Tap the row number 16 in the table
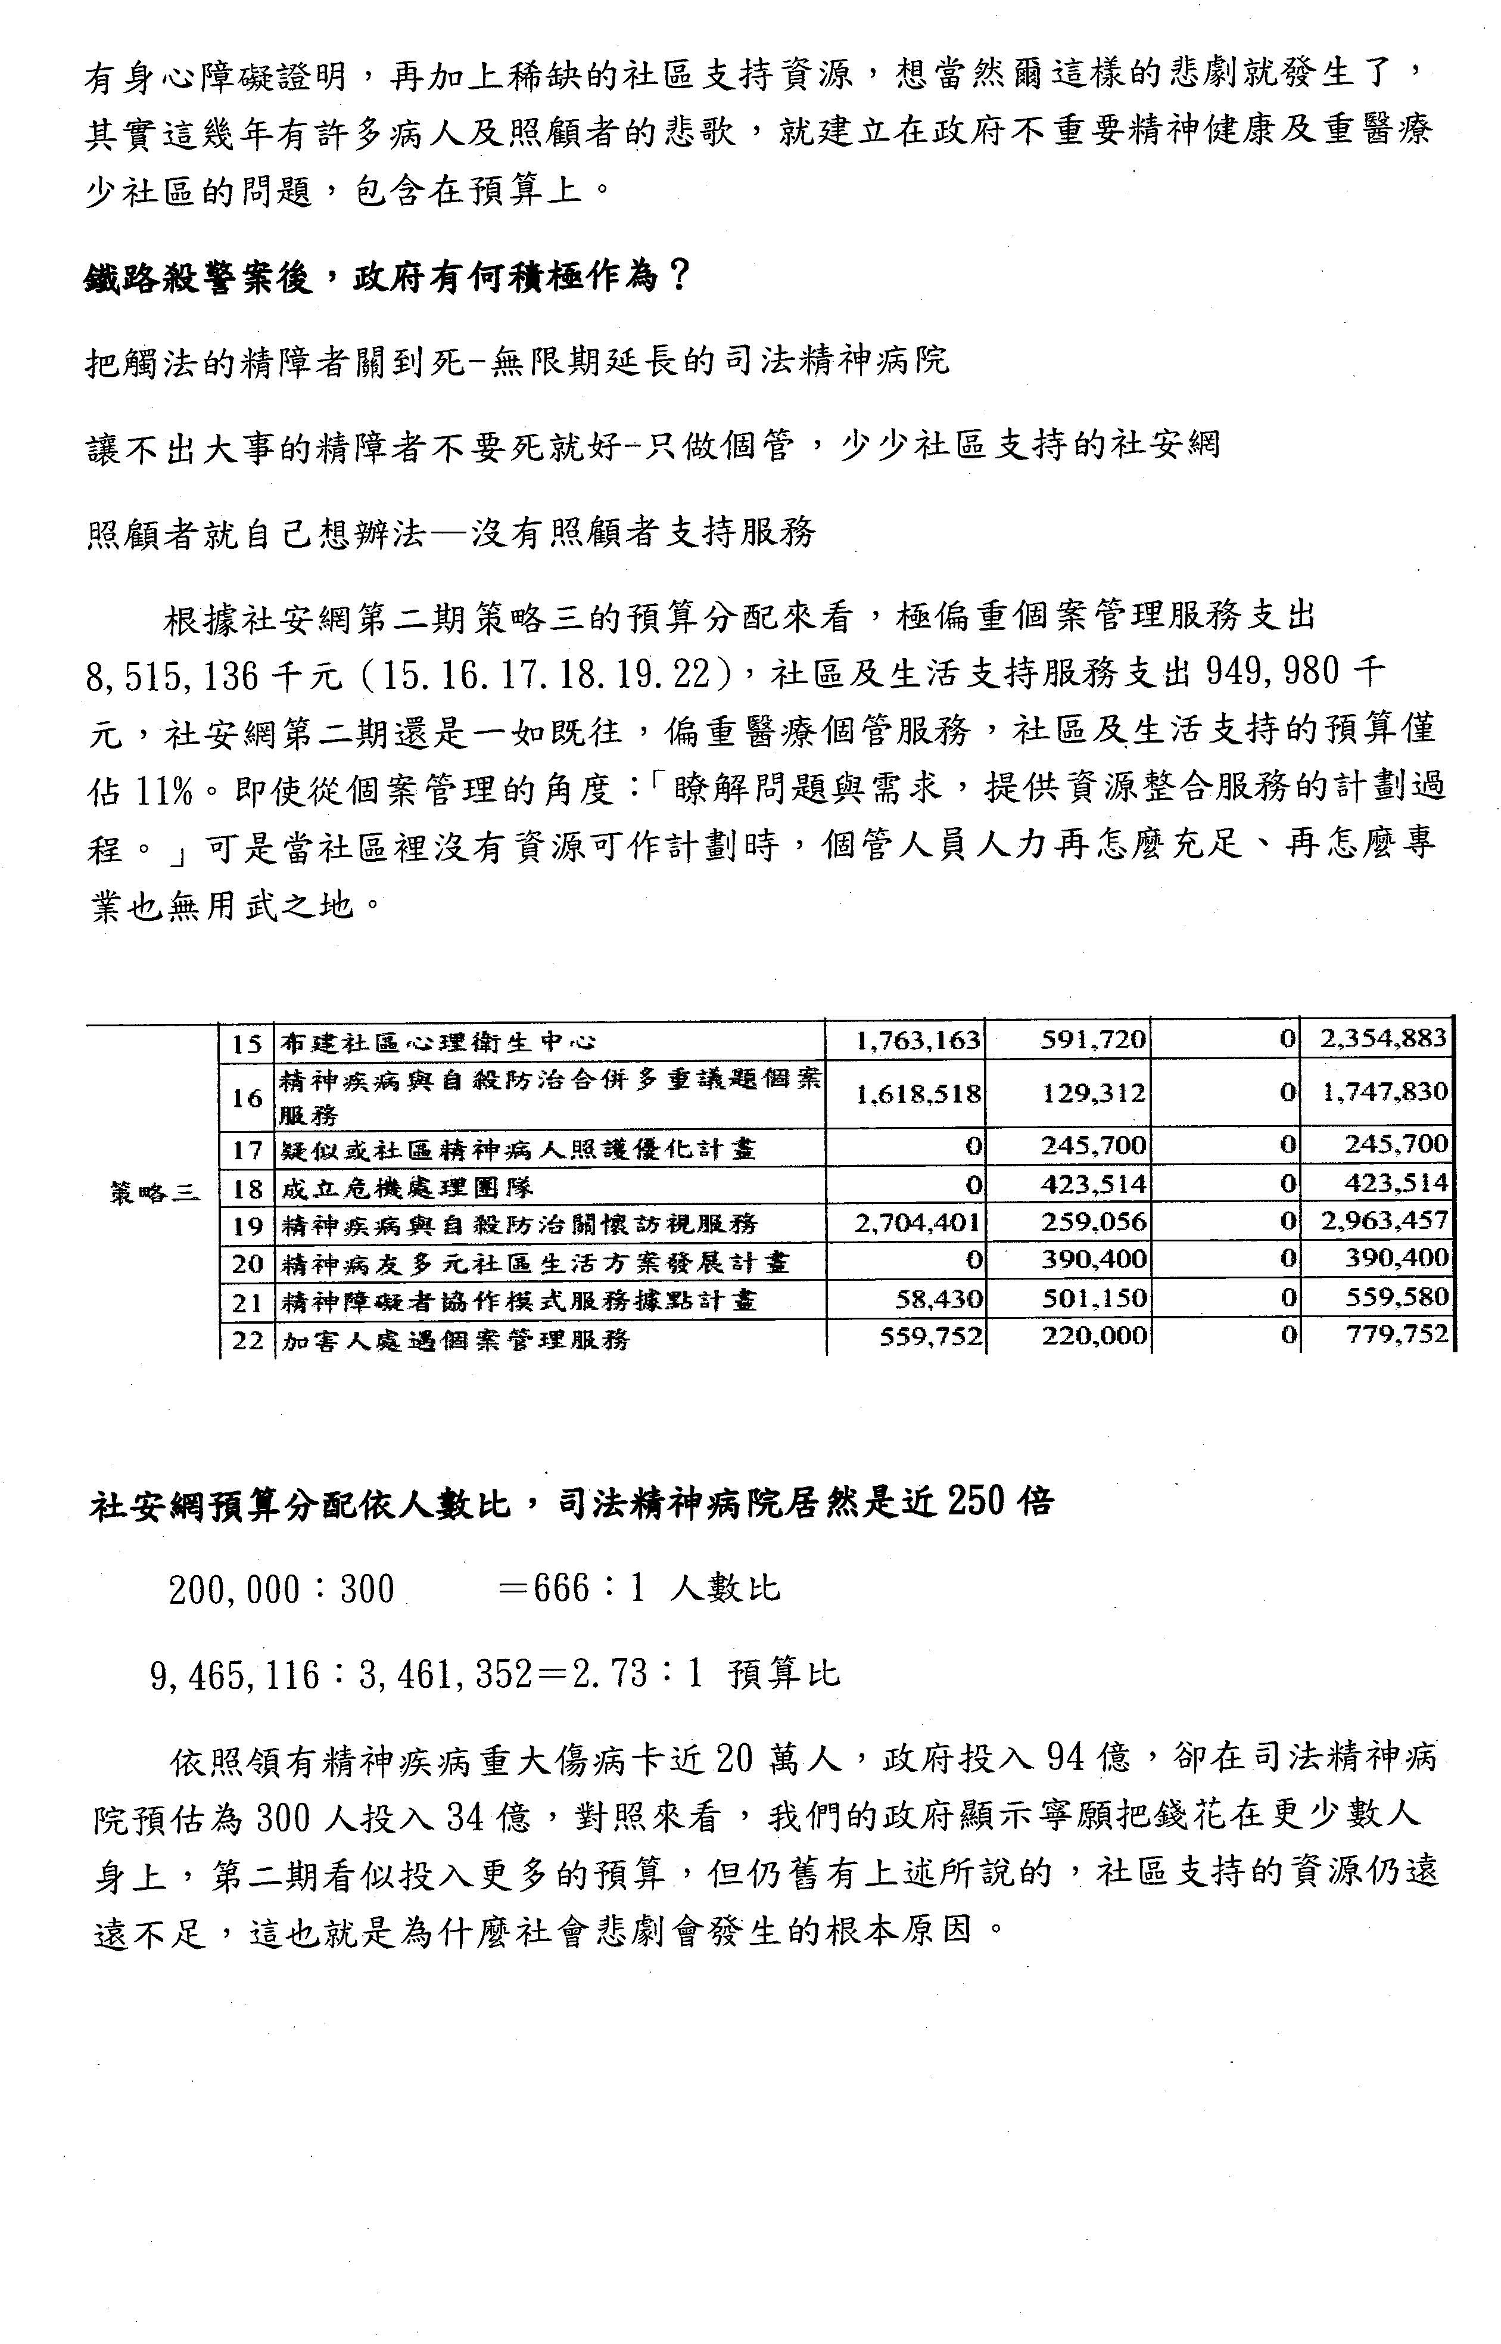point(247,1098)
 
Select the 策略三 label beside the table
point(154,1191)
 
